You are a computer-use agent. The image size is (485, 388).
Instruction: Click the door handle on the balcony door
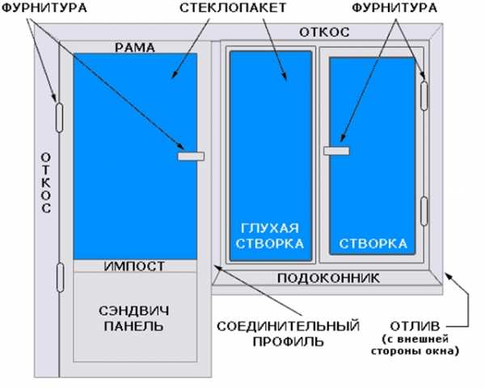pos(191,157)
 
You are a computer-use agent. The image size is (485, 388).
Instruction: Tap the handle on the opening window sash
pos(336,150)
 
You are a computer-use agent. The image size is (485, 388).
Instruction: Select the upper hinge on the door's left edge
pos(59,117)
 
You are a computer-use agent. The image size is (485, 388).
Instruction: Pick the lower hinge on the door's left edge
pos(61,277)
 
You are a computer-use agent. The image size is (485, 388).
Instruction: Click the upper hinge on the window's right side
pos(424,95)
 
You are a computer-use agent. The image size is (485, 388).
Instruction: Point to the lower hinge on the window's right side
pos(424,211)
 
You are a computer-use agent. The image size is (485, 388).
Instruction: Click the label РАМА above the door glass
pos(135,48)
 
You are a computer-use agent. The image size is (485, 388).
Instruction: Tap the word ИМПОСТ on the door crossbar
pos(134,266)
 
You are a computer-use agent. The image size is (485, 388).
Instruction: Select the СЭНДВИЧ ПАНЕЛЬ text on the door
pos(134,318)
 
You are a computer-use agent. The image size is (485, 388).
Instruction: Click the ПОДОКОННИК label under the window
pos(328,278)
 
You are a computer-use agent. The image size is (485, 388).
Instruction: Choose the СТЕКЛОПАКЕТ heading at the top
pos(233,8)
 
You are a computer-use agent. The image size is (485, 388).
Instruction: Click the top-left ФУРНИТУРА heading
pos(44,8)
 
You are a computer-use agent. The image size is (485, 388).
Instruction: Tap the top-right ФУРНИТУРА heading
pos(394,8)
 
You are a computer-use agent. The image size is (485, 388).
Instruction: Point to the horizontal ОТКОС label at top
pos(324,32)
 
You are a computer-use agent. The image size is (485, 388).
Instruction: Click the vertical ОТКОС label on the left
pos(46,183)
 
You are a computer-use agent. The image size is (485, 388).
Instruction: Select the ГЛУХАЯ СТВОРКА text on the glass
pos(270,236)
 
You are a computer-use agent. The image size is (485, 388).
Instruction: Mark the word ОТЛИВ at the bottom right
pos(415,326)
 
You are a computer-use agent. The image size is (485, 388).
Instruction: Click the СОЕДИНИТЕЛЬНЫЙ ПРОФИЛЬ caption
pos(289,334)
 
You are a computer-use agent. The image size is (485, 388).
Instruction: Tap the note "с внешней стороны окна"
pos(415,345)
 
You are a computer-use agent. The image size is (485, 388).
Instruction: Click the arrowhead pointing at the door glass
pos(175,74)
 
